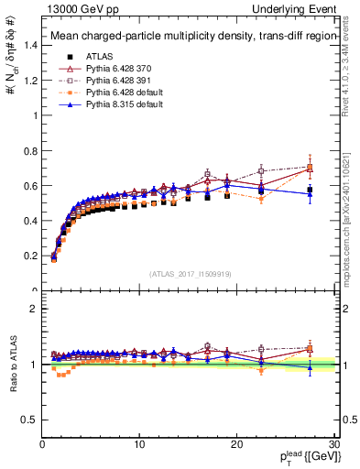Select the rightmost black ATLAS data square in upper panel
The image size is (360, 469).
(310, 190)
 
